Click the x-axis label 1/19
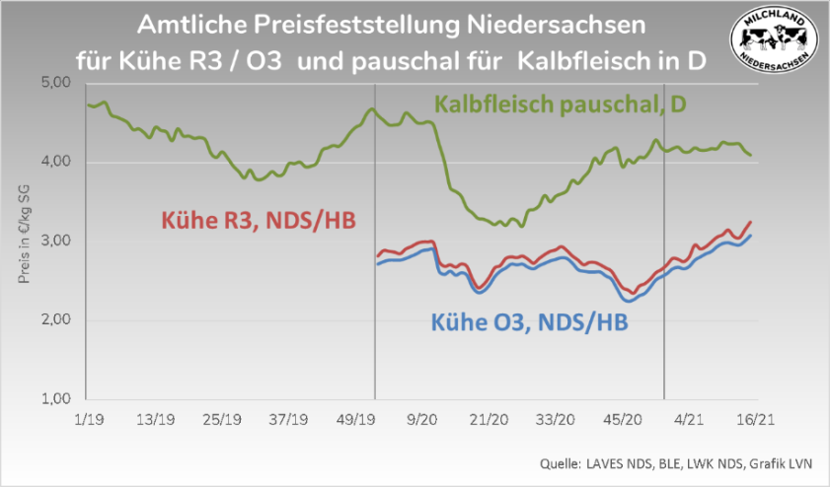[89, 419]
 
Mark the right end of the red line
[751, 221]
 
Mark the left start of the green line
[88, 104]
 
